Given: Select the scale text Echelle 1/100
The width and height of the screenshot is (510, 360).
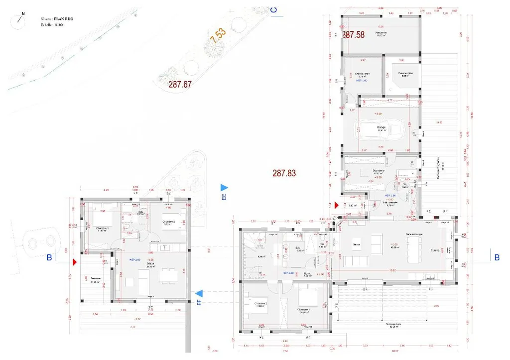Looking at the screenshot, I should pyautogui.click(x=53, y=24).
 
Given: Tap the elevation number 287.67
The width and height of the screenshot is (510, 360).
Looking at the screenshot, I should pyautogui.click(x=180, y=85).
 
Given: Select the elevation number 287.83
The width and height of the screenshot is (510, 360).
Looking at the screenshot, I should pyautogui.click(x=284, y=173).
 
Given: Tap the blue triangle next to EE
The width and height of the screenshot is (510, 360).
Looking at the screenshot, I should pyautogui.click(x=224, y=187).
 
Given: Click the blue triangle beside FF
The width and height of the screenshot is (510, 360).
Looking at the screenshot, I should pyautogui.click(x=199, y=293).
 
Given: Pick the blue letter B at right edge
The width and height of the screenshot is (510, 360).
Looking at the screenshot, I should pyautogui.click(x=497, y=257).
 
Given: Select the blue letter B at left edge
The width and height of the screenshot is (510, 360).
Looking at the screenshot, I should pyautogui.click(x=49, y=257).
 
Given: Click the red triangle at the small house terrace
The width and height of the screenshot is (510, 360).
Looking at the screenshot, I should pyautogui.click(x=75, y=261).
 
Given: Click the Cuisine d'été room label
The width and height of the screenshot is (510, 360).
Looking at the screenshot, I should pyautogui.click(x=405, y=74).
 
